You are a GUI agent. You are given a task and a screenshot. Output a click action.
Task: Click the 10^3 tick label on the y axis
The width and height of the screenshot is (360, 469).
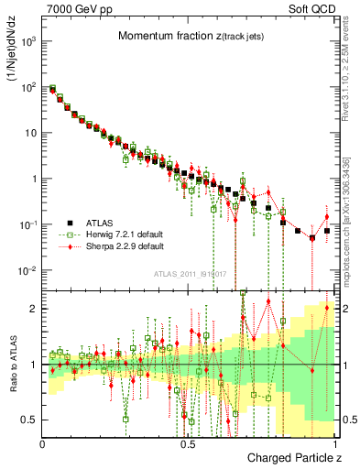click(28, 42)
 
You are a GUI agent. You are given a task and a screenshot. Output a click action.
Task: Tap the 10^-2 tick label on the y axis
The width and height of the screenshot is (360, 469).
click(28, 270)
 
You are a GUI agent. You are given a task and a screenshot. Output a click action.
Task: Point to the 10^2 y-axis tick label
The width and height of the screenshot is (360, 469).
click(28, 88)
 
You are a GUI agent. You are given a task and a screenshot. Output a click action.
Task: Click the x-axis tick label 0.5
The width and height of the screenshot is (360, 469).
click(188, 443)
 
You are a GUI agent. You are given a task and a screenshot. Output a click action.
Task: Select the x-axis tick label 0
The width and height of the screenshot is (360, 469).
click(43, 443)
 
